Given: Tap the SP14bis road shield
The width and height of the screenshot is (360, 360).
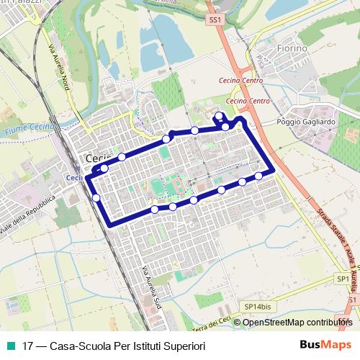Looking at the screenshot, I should coord(256,306).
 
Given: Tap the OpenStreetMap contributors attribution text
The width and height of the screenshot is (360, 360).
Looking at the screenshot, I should coord(297,322).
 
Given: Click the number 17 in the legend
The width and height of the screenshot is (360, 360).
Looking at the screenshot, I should coord(28,346).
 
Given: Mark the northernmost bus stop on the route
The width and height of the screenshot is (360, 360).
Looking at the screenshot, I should coord(219,115).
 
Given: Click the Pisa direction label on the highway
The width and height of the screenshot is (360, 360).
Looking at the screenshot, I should coord(261,57).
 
